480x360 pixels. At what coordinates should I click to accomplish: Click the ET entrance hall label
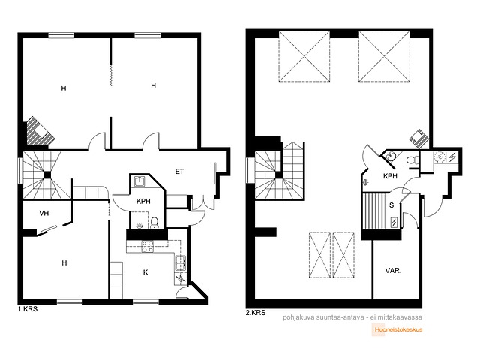coord(179,172)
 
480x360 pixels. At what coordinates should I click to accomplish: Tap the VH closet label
coord(44,213)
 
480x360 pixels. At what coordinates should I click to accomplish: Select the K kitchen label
coord(145,272)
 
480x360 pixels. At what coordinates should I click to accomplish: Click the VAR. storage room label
coord(393,271)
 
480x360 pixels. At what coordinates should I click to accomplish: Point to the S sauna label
coord(391,205)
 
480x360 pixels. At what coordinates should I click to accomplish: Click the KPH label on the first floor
coord(143,202)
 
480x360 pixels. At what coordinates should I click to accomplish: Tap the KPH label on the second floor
coord(390,176)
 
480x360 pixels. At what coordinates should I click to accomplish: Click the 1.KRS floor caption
coord(28,309)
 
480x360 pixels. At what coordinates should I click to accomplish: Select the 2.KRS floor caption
coord(256,313)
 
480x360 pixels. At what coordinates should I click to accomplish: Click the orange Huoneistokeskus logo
coord(398,330)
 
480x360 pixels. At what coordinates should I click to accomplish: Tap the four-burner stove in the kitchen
coord(147,247)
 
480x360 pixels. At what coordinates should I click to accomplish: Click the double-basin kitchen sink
coord(180,263)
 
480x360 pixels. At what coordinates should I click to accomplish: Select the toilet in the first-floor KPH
coord(154,223)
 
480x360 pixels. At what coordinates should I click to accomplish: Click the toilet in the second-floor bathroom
coord(411,160)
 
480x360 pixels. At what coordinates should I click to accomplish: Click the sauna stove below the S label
coord(394,223)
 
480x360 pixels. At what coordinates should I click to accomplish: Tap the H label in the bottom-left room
coord(64,263)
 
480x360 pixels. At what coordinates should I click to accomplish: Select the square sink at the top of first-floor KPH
coord(139,181)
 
